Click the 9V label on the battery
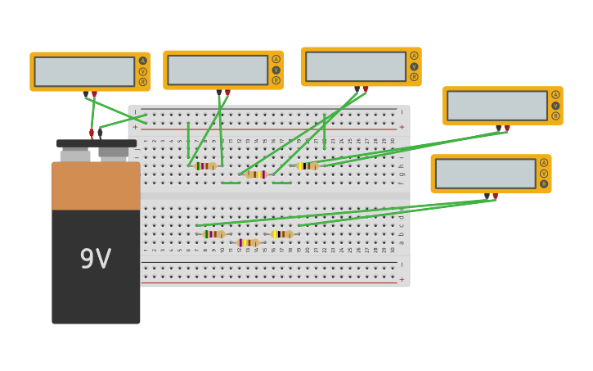[x=95, y=259]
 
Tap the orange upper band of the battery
[x=96, y=185]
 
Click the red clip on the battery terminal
[x=92, y=133]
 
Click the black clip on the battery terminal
[x=101, y=131]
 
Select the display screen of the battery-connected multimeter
[x=84, y=71]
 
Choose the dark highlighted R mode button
[x=543, y=183]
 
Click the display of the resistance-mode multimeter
[x=485, y=174]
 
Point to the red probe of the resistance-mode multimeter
[x=495, y=197]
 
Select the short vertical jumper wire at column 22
[x=324, y=131]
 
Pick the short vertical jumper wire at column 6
[x=188, y=140]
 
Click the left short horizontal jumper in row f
[x=231, y=183]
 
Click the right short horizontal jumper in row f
[x=281, y=183]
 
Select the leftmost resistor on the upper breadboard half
[x=205, y=165]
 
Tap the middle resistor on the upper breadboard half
[x=256, y=174]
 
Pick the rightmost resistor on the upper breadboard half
[x=307, y=165]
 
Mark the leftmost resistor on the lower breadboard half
[x=213, y=234]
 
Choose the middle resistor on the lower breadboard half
[x=247, y=242]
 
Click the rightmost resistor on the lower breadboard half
[x=281, y=234]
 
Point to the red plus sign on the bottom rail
[x=402, y=279]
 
